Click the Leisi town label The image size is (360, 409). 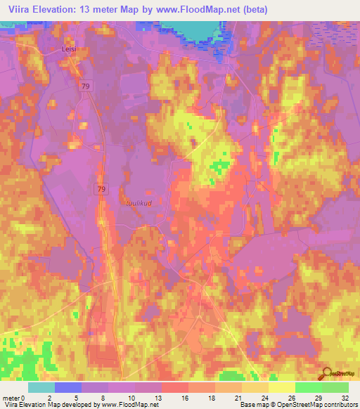(67, 49)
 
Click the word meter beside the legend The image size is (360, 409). (12, 399)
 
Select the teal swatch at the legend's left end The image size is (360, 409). (41, 387)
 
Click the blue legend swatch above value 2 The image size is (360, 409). (67, 387)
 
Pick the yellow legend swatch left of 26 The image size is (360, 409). (281, 387)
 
